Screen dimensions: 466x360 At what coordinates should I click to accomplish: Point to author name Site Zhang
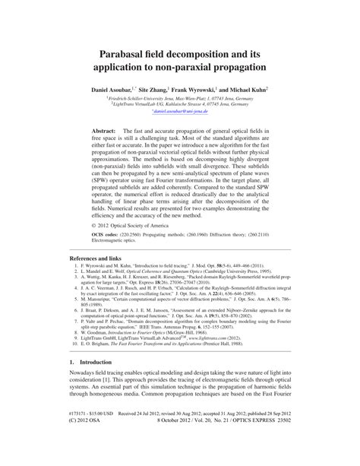tap(174, 90)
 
